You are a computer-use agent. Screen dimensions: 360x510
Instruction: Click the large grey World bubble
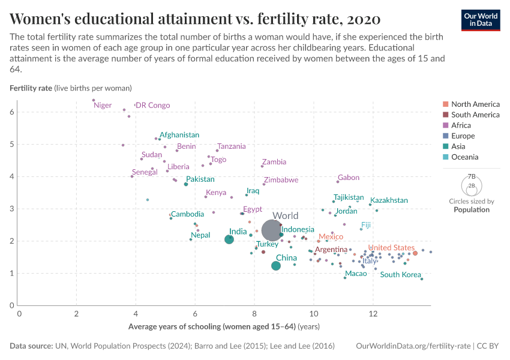(x=272, y=230)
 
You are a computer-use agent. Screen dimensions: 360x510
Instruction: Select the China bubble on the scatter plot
(x=276, y=266)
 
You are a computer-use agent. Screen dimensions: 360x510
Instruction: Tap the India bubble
(x=229, y=239)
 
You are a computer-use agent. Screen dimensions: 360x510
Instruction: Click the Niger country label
(x=103, y=106)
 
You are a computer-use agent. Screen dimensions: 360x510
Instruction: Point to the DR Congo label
(x=153, y=106)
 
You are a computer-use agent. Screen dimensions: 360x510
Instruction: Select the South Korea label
(x=400, y=275)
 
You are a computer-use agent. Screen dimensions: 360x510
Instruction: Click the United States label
(x=391, y=248)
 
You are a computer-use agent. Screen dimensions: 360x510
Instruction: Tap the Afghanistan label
(x=179, y=136)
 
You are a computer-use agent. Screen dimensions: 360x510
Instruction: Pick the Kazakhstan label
(x=389, y=200)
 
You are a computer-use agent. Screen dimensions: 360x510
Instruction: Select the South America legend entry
(x=475, y=115)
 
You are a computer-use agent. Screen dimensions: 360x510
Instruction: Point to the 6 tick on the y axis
(x=12, y=112)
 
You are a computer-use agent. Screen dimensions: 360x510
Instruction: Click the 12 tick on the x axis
(x=373, y=314)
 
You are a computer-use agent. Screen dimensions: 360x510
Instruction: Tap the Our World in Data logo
(x=480, y=19)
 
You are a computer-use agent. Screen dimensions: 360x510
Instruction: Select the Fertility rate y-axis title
(x=31, y=88)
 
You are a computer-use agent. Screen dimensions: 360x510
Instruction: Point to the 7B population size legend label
(x=472, y=177)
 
